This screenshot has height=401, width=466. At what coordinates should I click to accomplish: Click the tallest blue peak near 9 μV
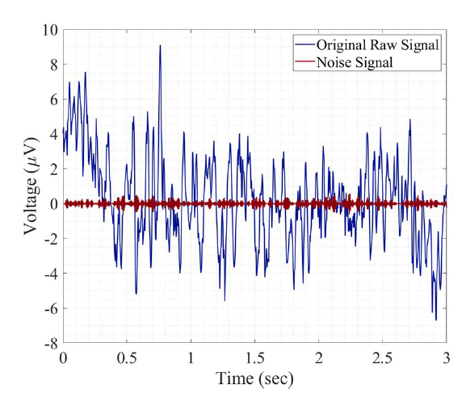coord(160,46)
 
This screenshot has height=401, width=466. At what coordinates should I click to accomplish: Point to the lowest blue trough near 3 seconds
coord(436,320)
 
